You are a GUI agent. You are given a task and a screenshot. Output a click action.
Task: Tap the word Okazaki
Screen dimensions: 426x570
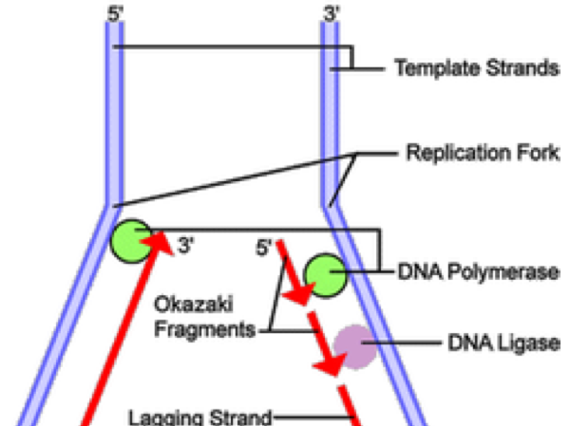coord(197,307)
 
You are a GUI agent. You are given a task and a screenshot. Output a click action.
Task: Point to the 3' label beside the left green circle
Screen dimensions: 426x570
coord(185,250)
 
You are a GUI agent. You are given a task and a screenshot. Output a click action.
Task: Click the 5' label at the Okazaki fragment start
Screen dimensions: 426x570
coord(263,250)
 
